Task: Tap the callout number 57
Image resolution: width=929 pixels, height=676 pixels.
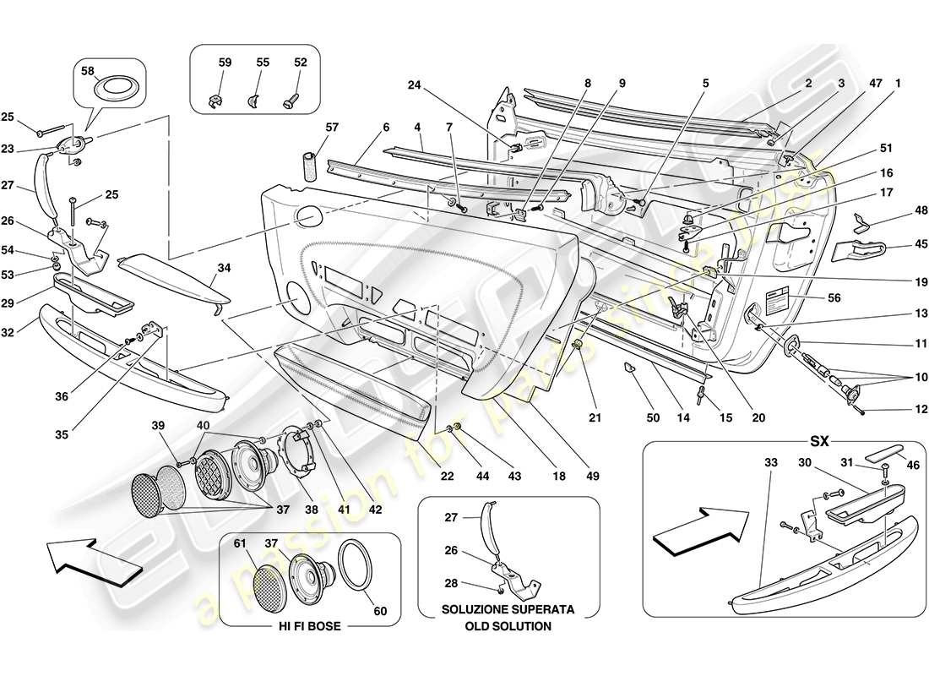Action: tap(332, 127)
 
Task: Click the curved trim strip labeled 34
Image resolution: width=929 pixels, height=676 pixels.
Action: tap(172, 279)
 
